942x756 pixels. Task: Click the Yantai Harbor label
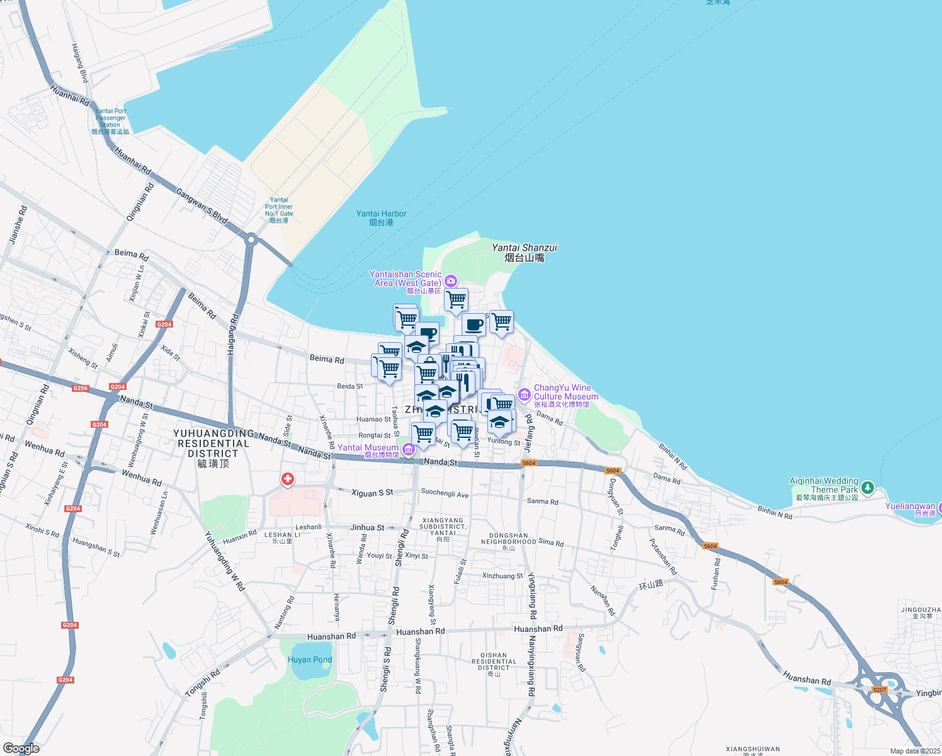click(x=381, y=217)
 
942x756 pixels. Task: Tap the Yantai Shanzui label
click(x=524, y=253)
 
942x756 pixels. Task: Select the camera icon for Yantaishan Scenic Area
click(x=450, y=280)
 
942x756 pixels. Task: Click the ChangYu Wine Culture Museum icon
click(x=524, y=395)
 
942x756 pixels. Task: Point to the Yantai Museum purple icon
click(x=409, y=450)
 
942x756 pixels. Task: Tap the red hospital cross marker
click(x=287, y=479)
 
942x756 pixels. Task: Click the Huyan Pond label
click(x=309, y=660)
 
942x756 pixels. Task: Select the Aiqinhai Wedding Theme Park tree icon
click(x=868, y=487)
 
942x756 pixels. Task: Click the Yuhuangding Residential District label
click(x=213, y=448)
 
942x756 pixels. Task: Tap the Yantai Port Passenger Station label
click(x=110, y=121)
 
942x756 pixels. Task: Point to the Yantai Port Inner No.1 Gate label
click(x=279, y=210)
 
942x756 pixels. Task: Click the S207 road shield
click(x=879, y=690)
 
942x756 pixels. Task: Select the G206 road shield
click(x=81, y=388)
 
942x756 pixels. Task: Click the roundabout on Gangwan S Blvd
click(x=251, y=239)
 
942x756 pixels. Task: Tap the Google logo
click(x=21, y=748)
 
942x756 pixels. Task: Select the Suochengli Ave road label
click(x=445, y=493)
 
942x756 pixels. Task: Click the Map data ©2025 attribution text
click(x=915, y=751)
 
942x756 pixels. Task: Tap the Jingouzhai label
click(x=921, y=612)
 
